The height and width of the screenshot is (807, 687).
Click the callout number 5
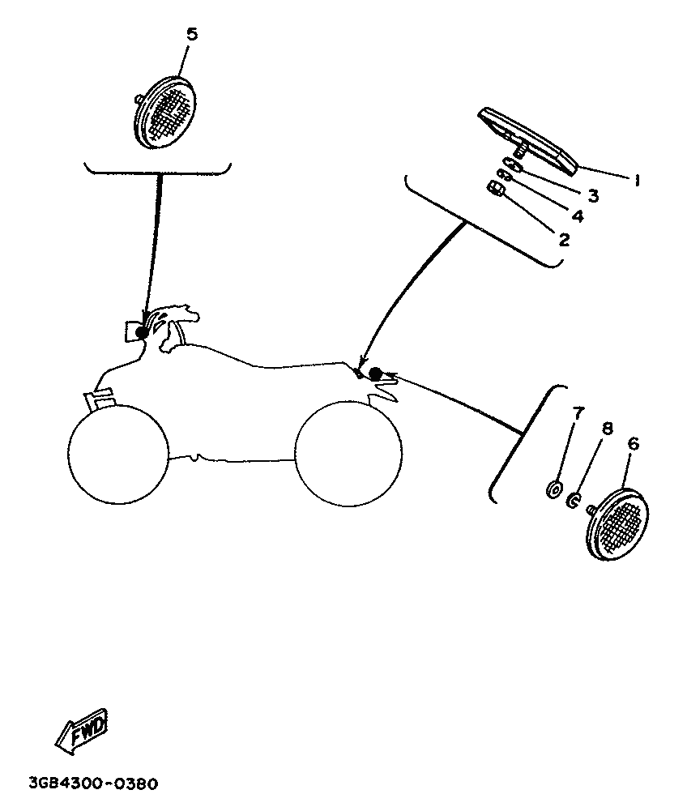(191, 35)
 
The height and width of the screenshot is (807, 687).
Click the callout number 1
(638, 180)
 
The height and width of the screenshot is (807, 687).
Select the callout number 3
(593, 195)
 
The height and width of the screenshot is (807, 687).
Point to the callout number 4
(577, 216)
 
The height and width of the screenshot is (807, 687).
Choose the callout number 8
(608, 429)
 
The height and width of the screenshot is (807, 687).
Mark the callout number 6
(634, 443)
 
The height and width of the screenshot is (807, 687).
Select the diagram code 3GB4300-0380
(93, 784)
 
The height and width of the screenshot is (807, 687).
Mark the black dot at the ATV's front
(142, 332)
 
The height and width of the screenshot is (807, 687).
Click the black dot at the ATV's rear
(375, 374)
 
